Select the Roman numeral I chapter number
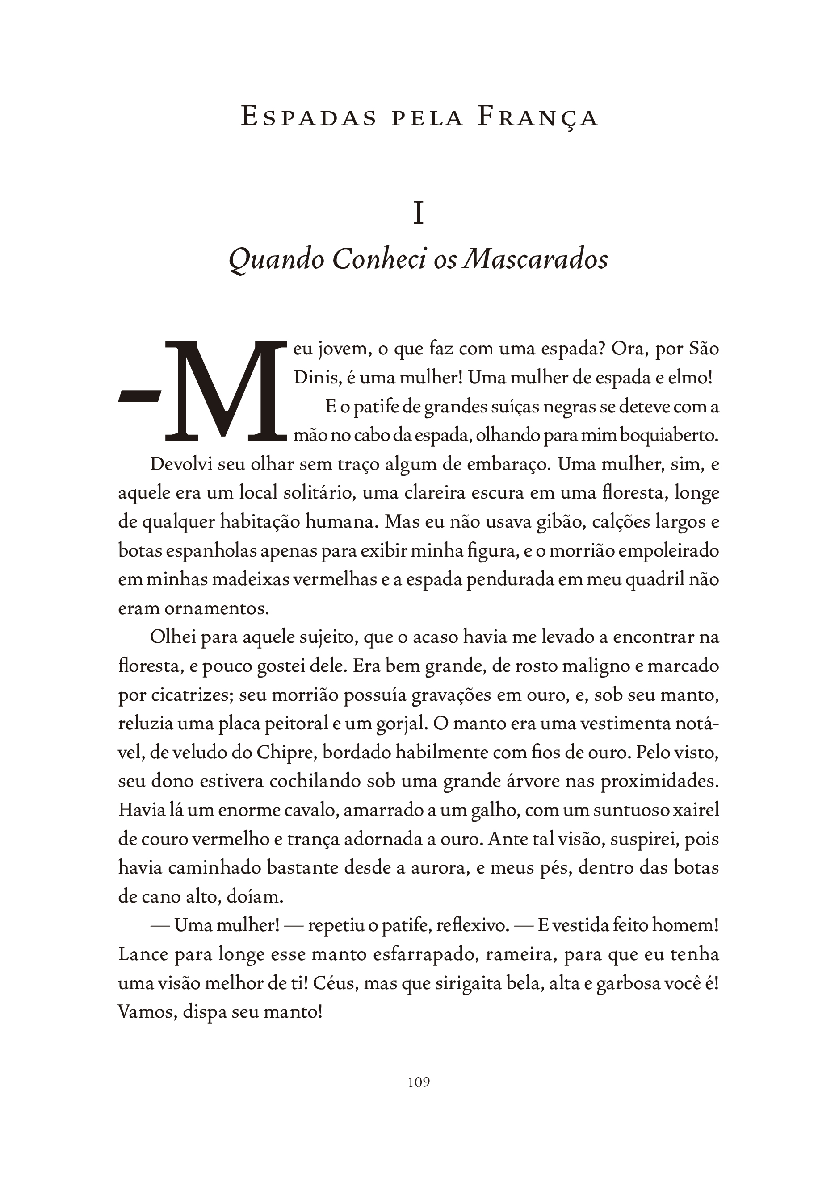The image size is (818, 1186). pos(418,214)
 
